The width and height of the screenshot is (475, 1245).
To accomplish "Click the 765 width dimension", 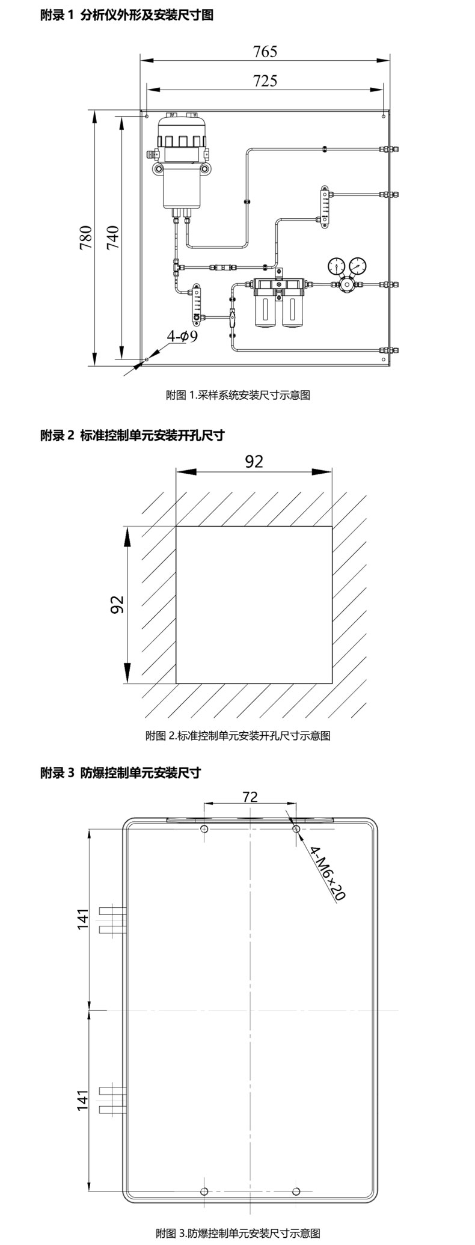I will pyautogui.click(x=265, y=52).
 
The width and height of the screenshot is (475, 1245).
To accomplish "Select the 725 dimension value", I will pyautogui.click(x=265, y=81).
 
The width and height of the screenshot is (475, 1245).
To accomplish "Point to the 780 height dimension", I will pyautogui.click(x=85, y=237).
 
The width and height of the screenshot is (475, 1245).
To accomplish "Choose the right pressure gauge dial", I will pyautogui.click(x=358, y=265).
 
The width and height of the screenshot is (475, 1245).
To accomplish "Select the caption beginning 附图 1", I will pyautogui.click(x=237, y=395).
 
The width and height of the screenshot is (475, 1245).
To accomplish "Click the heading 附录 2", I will pyautogui.click(x=132, y=435).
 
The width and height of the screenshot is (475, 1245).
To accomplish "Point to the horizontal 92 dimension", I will pyautogui.click(x=254, y=461).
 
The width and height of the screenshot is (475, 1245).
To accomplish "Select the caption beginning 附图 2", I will pyautogui.click(x=237, y=735).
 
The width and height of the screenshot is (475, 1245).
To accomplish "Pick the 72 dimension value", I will pyautogui.click(x=250, y=797).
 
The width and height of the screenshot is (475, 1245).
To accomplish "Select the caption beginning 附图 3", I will pyautogui.click(x=237, y=1234).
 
